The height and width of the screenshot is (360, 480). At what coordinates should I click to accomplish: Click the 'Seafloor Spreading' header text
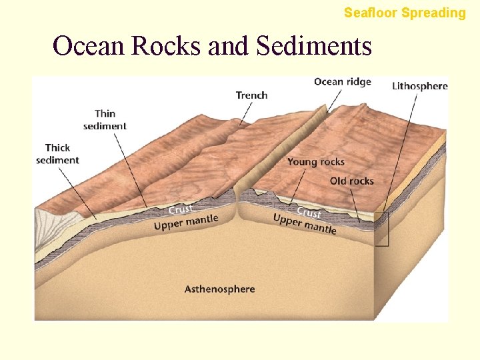click(x=405, y=13)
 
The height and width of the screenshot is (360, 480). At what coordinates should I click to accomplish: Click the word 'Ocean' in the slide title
click(x=89, y=46)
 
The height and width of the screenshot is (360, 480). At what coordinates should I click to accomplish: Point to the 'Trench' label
click(x=251, y=95)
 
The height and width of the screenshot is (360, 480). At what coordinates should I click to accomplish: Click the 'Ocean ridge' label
click(x=342, y=82)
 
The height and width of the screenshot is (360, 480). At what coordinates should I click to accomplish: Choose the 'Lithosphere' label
click(x=419, y=85)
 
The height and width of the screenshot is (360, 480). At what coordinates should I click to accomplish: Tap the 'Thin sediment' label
click(x=105, y=119)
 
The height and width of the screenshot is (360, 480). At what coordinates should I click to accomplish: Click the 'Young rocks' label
click(x=316, y=162)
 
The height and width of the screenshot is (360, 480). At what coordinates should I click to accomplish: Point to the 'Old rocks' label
click(x=351, y=181)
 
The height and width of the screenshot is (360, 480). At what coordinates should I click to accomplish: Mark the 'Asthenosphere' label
click(x=219, y=289)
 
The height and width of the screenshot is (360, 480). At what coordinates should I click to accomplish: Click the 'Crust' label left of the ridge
click(x=181, y=210)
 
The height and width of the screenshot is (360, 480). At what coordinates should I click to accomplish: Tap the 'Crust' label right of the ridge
click(x=309, y=213)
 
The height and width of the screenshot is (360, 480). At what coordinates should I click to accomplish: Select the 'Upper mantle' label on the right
click(x=305, y=224)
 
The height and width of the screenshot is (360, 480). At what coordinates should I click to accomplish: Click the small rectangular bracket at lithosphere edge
click(x=381, y=229)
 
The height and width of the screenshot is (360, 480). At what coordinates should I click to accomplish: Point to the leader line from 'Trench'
click(x=246, y=113)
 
